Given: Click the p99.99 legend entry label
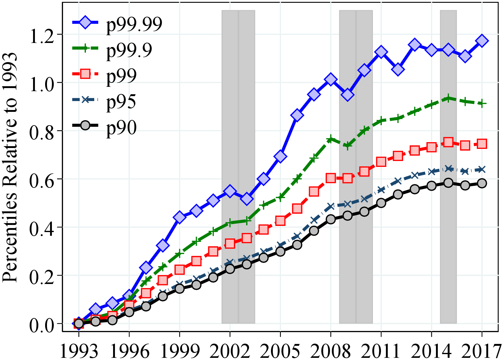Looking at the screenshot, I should coord(134,24).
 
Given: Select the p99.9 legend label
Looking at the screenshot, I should coord(129,50).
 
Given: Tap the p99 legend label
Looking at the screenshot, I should coord(121,76).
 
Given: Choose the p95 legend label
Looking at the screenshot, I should coord(121,102).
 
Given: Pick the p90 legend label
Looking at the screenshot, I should coord(121,128).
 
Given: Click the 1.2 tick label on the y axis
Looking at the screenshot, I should coord(42,35).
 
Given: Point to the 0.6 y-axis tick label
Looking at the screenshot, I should coord(42,179).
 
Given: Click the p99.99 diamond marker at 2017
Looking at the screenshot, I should coord(482,41).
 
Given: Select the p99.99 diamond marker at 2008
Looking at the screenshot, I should coord(331,80).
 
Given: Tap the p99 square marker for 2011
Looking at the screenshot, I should coord(381,162).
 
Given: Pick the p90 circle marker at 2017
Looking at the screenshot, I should coord(482,183).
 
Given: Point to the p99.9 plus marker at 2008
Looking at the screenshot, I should coord(331,139).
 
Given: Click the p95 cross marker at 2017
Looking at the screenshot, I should coord(482,169).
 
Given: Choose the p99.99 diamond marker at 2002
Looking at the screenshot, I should coord(230,191).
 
